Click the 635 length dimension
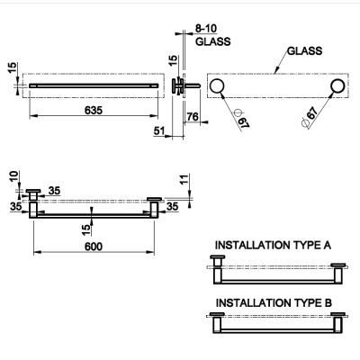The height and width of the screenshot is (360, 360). pos(94,111)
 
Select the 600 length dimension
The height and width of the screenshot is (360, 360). pos(94,247)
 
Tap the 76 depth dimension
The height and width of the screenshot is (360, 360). pos(193,116)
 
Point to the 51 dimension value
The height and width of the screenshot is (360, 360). pos(159,130)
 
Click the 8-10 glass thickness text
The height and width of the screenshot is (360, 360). pos(206,29)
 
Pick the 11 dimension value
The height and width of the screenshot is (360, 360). pos(184,179)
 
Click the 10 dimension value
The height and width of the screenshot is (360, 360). pos(14,176)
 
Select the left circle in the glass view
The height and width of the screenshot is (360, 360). pos(217,86)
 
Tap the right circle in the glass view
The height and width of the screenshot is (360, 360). pos(338,86)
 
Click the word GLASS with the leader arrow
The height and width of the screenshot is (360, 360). pos(304,51)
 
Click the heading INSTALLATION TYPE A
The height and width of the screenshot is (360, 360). pos(273,245)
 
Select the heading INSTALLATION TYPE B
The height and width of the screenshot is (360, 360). pos(274,302)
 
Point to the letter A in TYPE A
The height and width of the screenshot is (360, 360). pos(327,245)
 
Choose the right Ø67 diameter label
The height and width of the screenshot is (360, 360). pos(310,117)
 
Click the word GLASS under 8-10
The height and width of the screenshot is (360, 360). pos(213,41)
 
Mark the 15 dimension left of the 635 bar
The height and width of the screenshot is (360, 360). pos(13,67)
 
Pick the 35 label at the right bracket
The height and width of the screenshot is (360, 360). pos(172,207)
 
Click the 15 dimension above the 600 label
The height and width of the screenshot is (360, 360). pos(85,230)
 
